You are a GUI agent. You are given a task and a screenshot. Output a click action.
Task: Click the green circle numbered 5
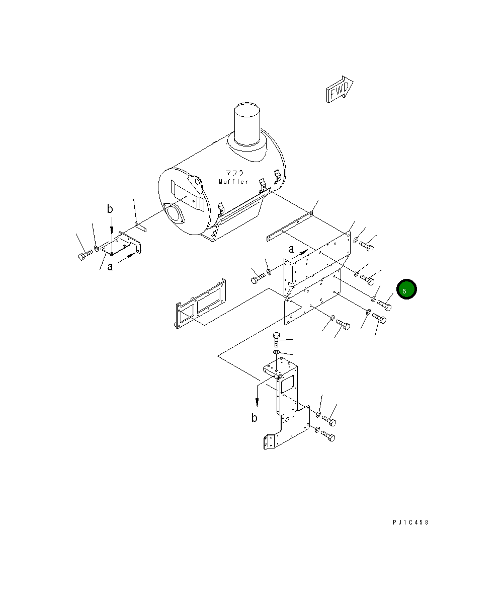tap(406, 289)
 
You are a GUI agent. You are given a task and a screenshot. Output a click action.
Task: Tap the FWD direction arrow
tap(340, 89)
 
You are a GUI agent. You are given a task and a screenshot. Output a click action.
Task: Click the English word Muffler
tap(234, 182)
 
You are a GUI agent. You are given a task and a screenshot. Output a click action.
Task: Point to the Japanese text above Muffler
tap(234, 173)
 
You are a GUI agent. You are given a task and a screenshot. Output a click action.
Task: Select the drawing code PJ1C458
tap(410, 522)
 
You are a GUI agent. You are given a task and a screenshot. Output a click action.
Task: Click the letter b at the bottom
tap(255, 417)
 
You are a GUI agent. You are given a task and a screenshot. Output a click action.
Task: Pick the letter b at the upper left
tap(110, 208)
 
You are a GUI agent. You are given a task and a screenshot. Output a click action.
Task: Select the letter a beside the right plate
tap(291, 250)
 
